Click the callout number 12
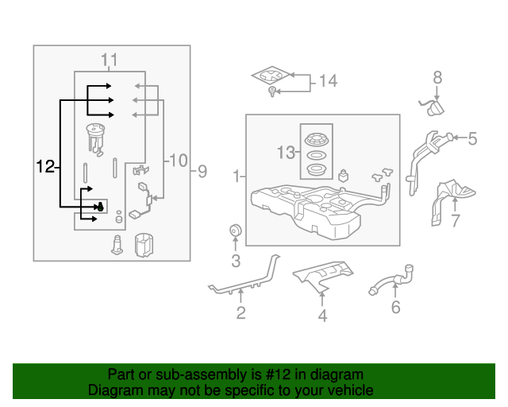[46, 166]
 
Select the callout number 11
[109, 60]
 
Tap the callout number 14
[328, 80]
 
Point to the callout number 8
[437, 77]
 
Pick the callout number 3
[236, 260]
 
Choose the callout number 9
[202, 170]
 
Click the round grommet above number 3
[235, 231]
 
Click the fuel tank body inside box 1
[317, 208]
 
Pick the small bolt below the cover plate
[272, 95]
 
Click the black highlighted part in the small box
[101, 207]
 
